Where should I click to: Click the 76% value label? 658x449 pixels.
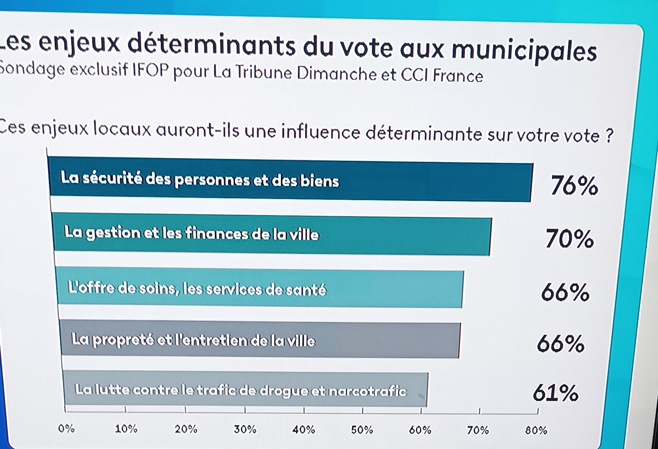pyautogui.click(x=574, y=185)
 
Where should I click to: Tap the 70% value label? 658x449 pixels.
pyautogui.click(x=570, y=239)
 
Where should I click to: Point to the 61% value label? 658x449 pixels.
pyautogui.click(x=556, y=393)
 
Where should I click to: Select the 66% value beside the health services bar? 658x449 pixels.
pyautogui.click(x=565, y=293)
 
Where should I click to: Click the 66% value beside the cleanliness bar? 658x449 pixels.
pyautogui.click(x=561, y=344)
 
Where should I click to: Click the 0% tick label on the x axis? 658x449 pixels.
pyautogui.click(x=66, y=428)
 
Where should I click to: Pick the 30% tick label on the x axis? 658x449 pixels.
pyautogui.click(x=245, y=429)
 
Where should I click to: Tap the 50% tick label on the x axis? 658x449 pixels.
pyautogui.click(x=362, y=430)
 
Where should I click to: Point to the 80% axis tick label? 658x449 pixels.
pyautogui.click(x=536, y=430)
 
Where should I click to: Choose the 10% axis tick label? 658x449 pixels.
pyautogui.click(x=126, y=429)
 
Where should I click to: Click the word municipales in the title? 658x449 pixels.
pyautogui.click(x=524, y=51)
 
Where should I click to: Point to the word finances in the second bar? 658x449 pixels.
pyautogui.click(x=216, y=233)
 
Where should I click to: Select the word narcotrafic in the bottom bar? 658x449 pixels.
pyautogui.click(x=367, y=391)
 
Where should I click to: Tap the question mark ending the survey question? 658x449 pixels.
pyautogui.click(x=609, y=136)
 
